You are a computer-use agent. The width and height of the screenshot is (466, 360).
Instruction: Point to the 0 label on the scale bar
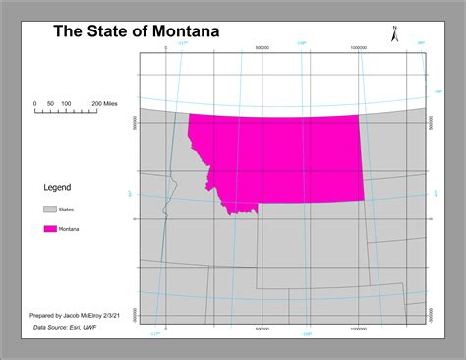click(x=35, y=103)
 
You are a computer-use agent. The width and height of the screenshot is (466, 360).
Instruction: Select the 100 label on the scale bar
click(x=66, y=103)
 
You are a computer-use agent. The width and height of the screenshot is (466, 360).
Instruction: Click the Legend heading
click(x=57, y=187)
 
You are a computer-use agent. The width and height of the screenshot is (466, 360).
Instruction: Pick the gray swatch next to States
click(x=49, y=210)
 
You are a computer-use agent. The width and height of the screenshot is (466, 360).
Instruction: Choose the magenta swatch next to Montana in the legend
click(x=49, y=229)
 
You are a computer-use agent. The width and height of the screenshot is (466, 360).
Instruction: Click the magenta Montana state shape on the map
click(x=285, y=157)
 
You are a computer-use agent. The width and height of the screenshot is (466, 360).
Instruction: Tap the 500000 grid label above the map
click(x=262, y=46)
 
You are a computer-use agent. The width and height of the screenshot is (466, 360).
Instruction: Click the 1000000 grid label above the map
click(x=358, y=46)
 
